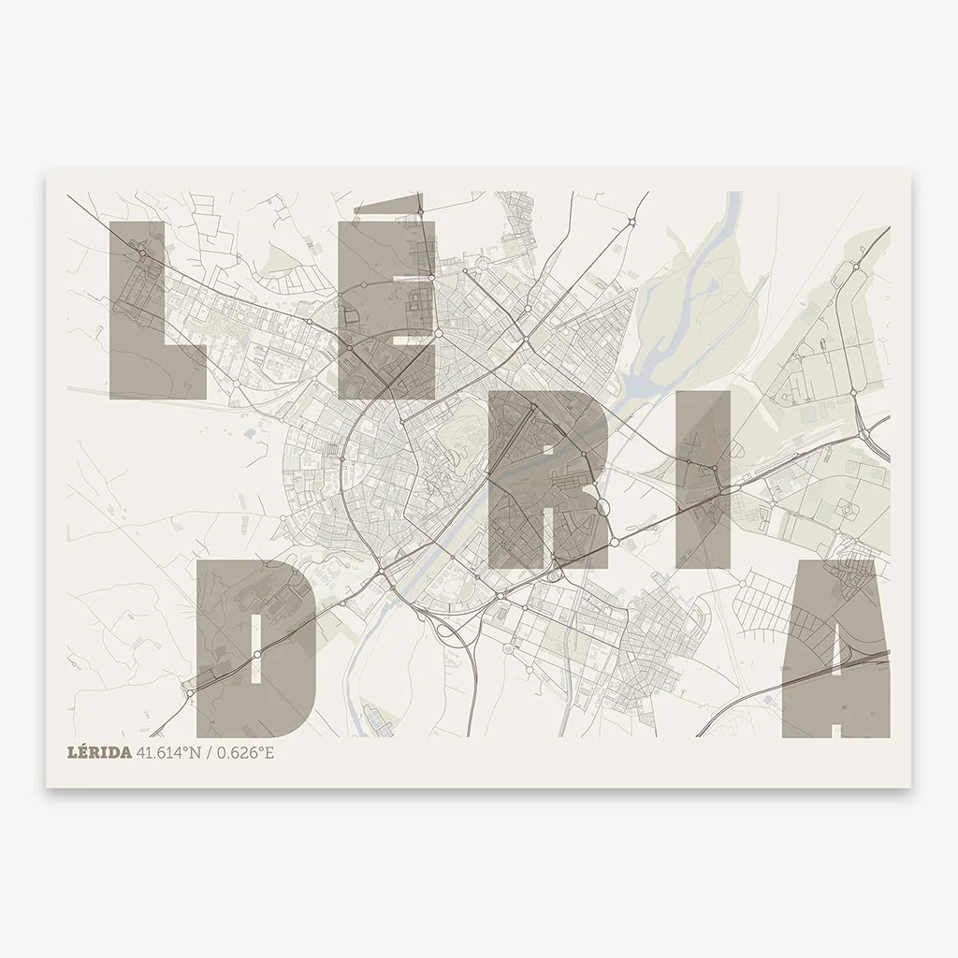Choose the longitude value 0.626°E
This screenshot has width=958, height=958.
coord(245,753)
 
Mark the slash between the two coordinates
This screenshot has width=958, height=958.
coord(210,753)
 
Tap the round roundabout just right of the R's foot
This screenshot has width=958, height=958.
coord(615,542)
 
